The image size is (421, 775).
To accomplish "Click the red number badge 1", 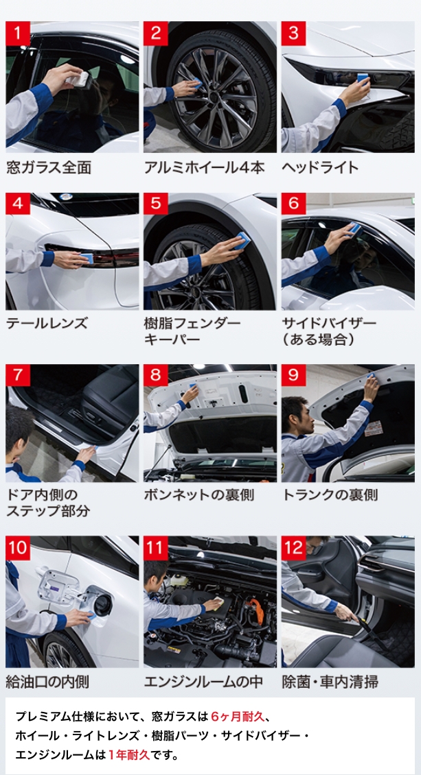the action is (18, 34).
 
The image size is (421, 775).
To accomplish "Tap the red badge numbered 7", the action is (18, 376).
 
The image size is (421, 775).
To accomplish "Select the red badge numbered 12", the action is (293, 547).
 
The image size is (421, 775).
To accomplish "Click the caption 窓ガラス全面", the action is (49, 167).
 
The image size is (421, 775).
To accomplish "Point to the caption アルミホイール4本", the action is (204, 167).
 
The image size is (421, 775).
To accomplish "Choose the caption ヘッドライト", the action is (320, 167).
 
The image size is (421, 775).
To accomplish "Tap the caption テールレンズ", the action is (47, 324).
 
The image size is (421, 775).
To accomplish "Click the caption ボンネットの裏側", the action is (199, 495).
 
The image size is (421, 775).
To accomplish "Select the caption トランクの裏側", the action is (330, 495).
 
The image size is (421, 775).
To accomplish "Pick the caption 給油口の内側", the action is (47, 682).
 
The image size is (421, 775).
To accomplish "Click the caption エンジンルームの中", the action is (203, 682).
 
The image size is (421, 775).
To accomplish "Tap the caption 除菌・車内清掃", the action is (330, 682).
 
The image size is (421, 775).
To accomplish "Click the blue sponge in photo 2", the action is (197, 82).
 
